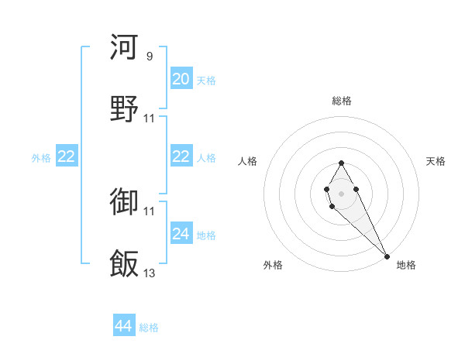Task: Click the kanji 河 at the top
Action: [125, 47]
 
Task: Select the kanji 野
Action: [125, 108]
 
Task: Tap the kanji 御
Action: [125, 202]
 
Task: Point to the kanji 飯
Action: [125, 263]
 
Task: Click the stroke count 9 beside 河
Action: [149, 57]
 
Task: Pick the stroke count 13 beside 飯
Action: [150, 273]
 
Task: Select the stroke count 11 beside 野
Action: [150, 118]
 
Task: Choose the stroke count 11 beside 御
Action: [150, 211]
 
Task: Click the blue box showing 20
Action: [181, 79]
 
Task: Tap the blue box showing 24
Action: [181, 234]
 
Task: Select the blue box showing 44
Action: [124, 326]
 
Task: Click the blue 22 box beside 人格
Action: [181, 156]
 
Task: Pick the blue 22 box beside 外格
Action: [67, 156]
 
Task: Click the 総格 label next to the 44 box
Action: [149, 328]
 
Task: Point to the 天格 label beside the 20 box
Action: [205, 81]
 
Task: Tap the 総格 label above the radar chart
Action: [341, 101]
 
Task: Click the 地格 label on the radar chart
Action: [406, 265]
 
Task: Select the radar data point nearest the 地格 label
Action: [387, 256]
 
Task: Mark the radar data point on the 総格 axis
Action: [341, 163]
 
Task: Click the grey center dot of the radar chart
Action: [341, 192]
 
